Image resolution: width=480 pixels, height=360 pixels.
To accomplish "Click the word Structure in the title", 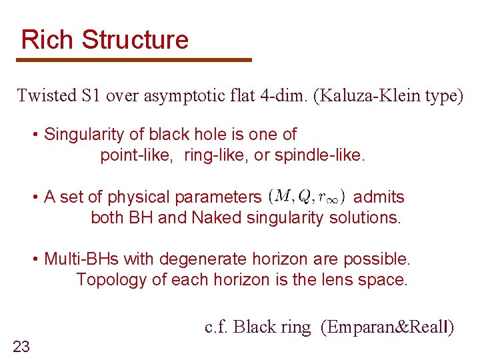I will (x=135, y=40).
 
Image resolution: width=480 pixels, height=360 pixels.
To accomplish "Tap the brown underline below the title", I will (x=134, y=60).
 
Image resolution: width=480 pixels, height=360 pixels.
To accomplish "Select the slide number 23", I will (x=21, y=345).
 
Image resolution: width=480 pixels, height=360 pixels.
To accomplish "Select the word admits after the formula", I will (x=379, y=197).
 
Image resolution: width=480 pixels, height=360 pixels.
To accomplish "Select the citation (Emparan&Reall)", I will (x=387, y=327).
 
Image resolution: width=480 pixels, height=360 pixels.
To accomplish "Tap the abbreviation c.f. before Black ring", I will (x=218, y=327).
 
